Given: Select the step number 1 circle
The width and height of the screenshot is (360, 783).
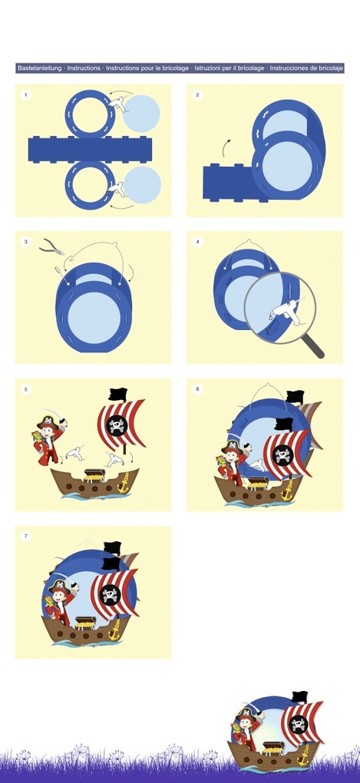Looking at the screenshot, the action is click(25, 94).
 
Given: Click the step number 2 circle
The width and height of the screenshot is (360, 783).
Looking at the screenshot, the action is click(197, 94).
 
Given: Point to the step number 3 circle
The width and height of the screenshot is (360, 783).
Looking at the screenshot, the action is click(25, 242).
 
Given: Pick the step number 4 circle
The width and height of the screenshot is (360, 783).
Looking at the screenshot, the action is click(197, 242).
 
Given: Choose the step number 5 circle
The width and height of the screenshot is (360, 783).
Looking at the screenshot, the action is click(25, 389).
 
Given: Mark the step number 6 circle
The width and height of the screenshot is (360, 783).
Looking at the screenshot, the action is click(197, 389).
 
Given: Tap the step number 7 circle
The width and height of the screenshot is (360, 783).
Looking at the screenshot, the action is click(25, 537).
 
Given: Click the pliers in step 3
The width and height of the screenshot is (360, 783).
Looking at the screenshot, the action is click(52, 246).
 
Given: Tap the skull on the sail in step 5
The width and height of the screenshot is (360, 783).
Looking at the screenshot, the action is click(119, 425).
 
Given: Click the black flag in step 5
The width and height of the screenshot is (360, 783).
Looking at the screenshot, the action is click(118, 394).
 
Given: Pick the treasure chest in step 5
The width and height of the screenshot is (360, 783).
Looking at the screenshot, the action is click(94, 475).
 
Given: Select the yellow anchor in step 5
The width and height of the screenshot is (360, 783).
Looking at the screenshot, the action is click(123, 481).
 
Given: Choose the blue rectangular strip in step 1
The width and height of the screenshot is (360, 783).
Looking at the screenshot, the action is click(90, 149).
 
